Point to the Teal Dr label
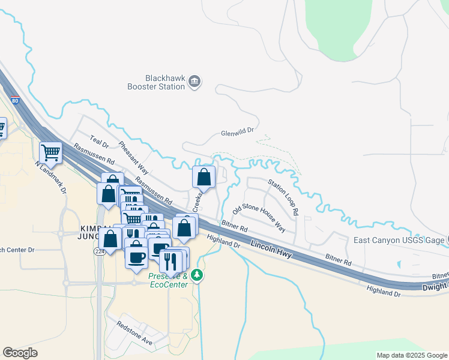[98, 142]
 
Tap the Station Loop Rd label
[283, 197]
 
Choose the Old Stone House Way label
[259, 218]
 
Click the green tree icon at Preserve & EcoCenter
[197, 276]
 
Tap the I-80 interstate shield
[14, 100]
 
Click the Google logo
[20, 353]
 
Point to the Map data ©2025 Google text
[411, 355]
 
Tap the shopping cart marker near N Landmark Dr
[50, 152]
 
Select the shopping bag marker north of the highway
[204, 177]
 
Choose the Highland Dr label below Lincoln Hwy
[224, 241]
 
